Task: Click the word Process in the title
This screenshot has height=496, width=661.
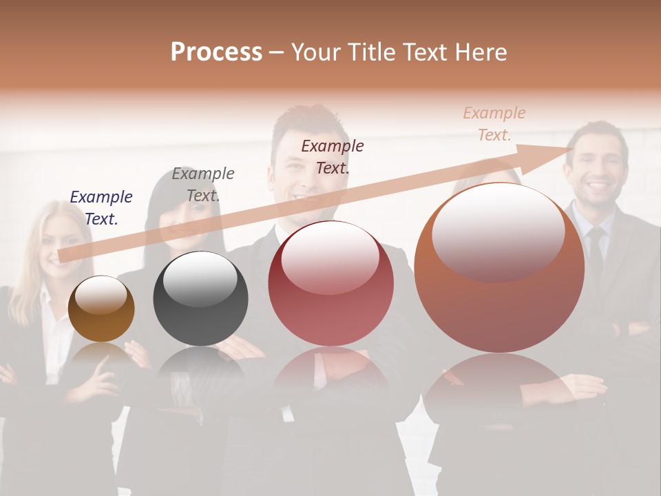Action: pos(216,52)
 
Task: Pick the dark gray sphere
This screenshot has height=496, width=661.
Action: pos(200,299)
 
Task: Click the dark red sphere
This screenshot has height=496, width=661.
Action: pos(330,284)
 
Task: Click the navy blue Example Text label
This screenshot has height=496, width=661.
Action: pos(101,208)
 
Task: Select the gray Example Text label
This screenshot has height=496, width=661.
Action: pos(203,185)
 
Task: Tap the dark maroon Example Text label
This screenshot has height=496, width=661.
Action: pos(333,156)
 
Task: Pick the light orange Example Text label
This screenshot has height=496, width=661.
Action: pos(494,124)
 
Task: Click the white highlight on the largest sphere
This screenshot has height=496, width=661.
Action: pos(498,231)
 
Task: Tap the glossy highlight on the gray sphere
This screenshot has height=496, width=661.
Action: pos(200,278)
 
